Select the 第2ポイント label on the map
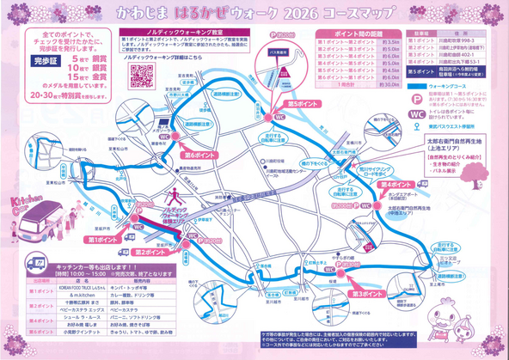pos(159,254)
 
